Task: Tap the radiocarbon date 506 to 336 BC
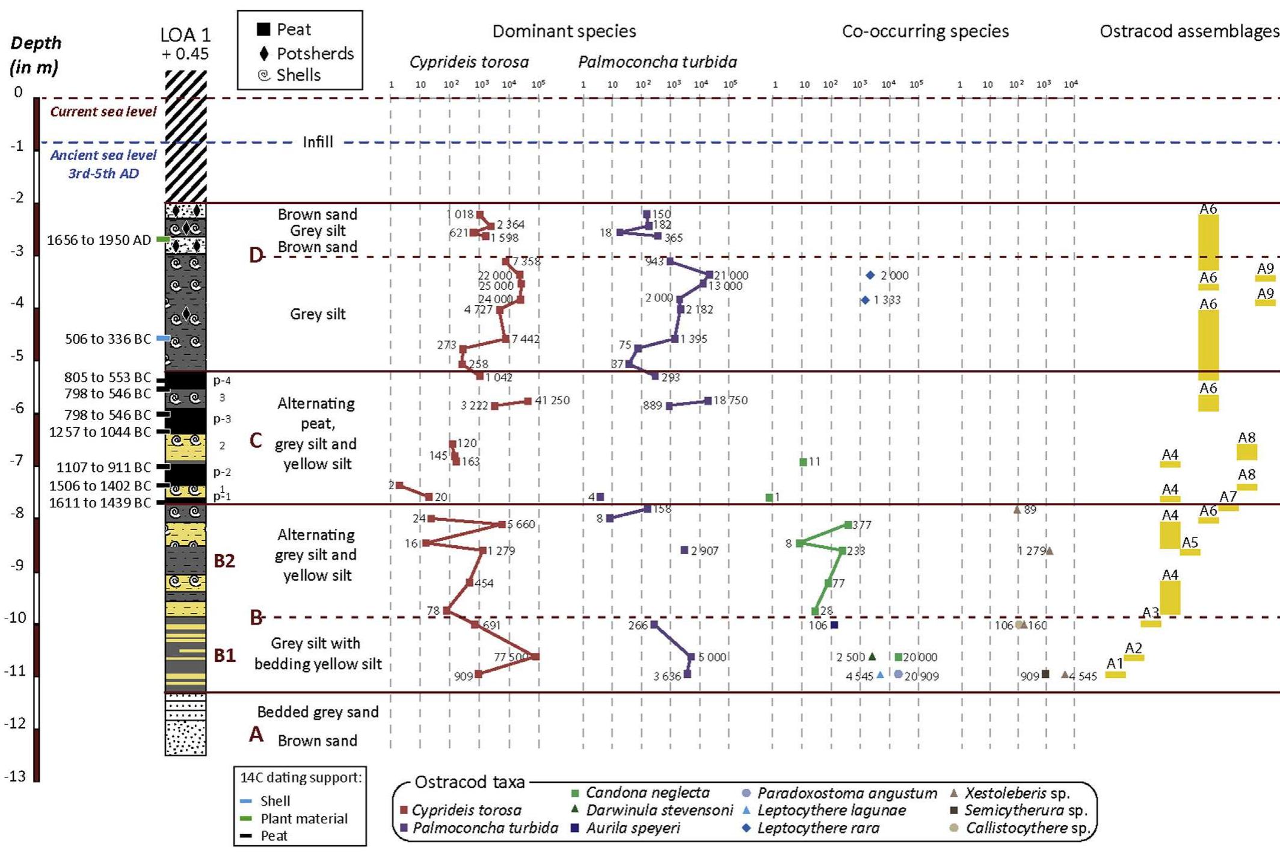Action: point(108,339)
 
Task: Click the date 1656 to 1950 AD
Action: point(99,240)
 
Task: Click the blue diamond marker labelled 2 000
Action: point(870,275)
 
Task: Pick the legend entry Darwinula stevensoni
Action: point(659,810)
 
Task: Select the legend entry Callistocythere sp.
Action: point(1027,828)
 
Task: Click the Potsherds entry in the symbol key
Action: point(315,54)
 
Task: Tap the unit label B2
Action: point(224,561)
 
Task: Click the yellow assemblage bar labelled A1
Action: point(1115,675)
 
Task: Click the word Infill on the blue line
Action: point(318,142)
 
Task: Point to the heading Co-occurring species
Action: point(925,31)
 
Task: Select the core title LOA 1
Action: point(186,35)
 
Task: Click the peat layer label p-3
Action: point(222,419)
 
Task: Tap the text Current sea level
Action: point(103,112)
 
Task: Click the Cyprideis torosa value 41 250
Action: point(552,401)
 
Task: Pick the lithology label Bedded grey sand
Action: point(318,712)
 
